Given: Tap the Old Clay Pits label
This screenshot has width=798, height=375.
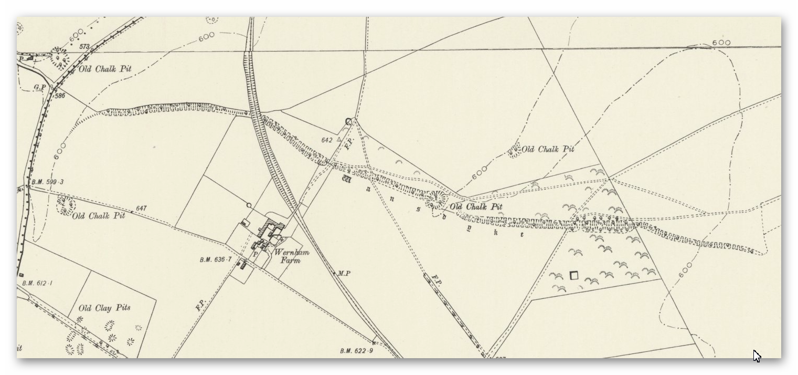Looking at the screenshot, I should [x=104, y=308].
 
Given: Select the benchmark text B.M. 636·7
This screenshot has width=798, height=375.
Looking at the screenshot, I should [x=216, y=259].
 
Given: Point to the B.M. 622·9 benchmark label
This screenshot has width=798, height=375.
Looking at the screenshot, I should [x=356, y=351].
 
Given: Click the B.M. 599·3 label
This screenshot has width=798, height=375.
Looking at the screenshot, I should [x=47, y=182].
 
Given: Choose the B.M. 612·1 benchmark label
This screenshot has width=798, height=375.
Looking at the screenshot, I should [x=37, y=283].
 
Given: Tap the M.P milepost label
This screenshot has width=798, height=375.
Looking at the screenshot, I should [x=344, y=273].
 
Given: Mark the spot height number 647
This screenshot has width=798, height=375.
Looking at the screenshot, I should [x=141, y=209].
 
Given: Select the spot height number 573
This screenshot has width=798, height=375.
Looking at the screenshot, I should [x=84, y=47].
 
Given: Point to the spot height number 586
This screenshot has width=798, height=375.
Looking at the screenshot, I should [x=60, y=96].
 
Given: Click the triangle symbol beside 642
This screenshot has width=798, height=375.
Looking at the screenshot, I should [x=339, y=140].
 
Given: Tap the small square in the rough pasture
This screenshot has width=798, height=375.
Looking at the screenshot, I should [x=573, y=275].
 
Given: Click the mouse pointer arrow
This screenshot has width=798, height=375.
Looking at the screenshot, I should [x=757, y=355].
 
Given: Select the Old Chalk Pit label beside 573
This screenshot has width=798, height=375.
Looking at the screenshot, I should [x=105, y=69].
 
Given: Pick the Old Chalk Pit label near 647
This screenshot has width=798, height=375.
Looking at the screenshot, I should [x=99, y=216].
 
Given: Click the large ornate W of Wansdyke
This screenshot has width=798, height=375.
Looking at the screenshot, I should [x=346, y=179].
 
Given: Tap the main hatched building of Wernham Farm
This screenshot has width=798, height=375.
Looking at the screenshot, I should [x=272, y=230].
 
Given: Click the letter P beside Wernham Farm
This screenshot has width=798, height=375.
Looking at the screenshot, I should [x=256, y=254].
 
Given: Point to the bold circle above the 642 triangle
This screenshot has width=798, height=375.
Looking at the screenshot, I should [x=349, y=122].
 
